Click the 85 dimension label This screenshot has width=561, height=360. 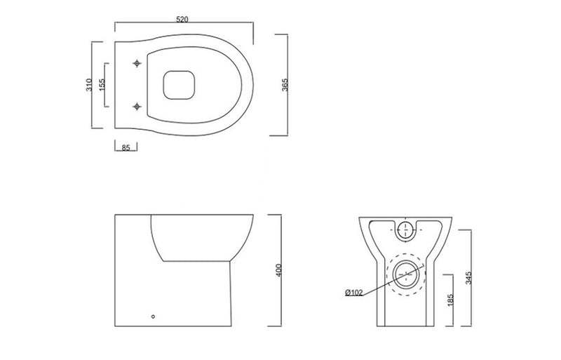126,149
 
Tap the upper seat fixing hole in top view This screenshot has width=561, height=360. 137,64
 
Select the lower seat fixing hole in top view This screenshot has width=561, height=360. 137,107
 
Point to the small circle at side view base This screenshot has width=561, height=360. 154,316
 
